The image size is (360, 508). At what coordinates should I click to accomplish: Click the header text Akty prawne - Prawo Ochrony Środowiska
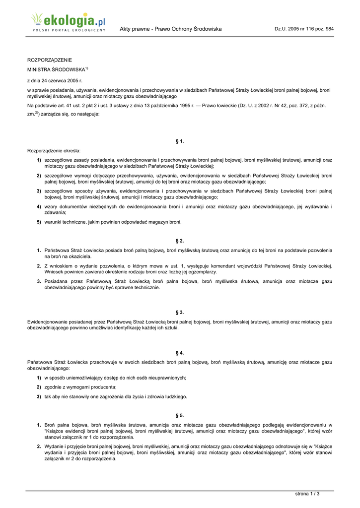(170, 29)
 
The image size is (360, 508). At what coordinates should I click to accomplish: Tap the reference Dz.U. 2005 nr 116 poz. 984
(304, 29)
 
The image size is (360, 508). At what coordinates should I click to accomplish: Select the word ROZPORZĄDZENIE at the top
(49, 60)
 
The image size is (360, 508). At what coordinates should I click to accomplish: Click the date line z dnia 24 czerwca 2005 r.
(55, 80)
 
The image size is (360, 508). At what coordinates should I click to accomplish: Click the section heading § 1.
(180, 141)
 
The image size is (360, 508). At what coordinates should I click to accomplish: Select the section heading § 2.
(180, 241)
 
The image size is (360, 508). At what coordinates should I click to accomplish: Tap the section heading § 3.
(180, 312)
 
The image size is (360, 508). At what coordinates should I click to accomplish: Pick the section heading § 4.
(180, 353)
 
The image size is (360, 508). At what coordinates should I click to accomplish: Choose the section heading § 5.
(180, 415)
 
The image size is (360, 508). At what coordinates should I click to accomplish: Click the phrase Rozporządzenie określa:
(54, 150)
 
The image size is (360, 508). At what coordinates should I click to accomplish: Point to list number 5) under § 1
(38, 222)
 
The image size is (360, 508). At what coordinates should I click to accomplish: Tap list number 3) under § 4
(38, 396)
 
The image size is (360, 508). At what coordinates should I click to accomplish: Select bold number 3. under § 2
(39, 281)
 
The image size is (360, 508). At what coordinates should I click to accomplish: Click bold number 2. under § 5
(39, 446)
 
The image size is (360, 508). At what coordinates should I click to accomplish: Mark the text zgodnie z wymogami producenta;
(80, 387)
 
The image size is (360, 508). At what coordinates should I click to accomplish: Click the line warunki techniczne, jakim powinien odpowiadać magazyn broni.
(113, 222)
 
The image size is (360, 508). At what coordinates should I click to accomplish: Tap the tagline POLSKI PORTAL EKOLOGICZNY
(69, 31)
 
